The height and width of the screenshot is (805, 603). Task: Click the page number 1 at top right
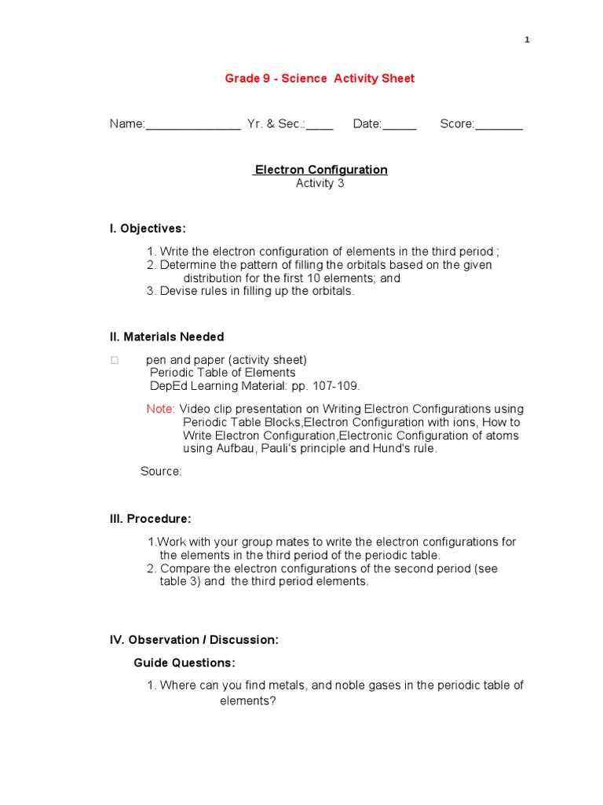528,40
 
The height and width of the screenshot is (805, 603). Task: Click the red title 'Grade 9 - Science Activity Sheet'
320,78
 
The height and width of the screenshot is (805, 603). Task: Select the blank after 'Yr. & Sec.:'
320,125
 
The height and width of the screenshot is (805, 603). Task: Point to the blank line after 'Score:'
499,125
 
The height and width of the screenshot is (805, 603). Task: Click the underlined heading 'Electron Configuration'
320,170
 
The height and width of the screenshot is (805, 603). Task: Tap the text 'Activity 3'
320,184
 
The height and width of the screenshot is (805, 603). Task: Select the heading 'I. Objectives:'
148,229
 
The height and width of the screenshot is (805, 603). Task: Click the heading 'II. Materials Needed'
166,336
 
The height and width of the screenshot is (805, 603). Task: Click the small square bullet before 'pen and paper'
115,360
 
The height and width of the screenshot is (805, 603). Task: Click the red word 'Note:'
161,409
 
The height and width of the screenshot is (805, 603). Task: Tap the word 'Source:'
161,471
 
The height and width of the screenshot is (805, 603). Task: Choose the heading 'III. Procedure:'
150,519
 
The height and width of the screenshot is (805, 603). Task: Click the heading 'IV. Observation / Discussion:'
194,640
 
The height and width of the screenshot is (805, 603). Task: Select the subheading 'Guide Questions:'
185,663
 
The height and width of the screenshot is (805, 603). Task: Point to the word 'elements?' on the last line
247,700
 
